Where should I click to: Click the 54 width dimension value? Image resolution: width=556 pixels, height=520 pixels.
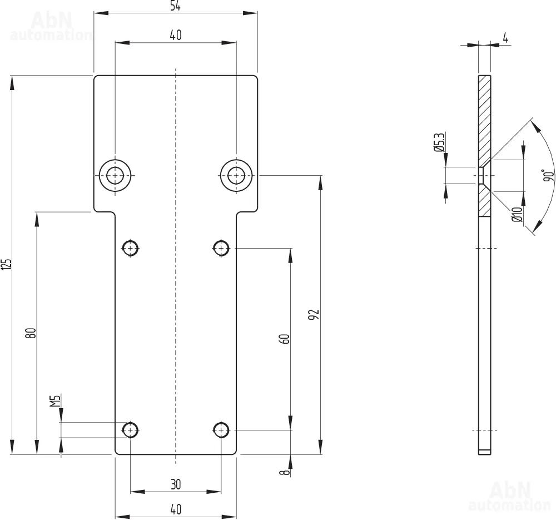(175, 6)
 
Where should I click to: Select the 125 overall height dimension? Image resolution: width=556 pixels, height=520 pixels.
(6, 264)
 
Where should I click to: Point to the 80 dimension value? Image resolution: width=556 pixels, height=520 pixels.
(31, 333)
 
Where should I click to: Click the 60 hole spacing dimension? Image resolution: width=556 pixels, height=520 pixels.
(284, 339)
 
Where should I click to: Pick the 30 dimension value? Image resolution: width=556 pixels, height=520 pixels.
(176, 484)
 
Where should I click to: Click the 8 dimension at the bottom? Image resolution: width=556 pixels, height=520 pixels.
(285, 473)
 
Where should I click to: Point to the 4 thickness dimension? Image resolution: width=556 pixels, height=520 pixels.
(505, 38)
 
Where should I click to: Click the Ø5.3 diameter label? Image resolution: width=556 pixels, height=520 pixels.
(439, 143)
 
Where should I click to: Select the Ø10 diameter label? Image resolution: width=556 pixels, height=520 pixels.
(517, 214)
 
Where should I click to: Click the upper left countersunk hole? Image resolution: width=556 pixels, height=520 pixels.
(116, 176)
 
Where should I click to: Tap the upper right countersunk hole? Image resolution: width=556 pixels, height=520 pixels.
(237, 176)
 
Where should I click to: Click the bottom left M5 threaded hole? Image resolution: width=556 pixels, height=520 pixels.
(131, 430)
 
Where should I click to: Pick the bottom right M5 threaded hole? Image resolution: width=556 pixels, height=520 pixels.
(221, 430)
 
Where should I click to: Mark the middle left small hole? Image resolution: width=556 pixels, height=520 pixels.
(131, 247)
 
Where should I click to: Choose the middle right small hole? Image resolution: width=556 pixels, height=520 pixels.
(221, 247)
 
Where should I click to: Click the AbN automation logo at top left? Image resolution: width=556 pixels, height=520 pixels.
(51, 27)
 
